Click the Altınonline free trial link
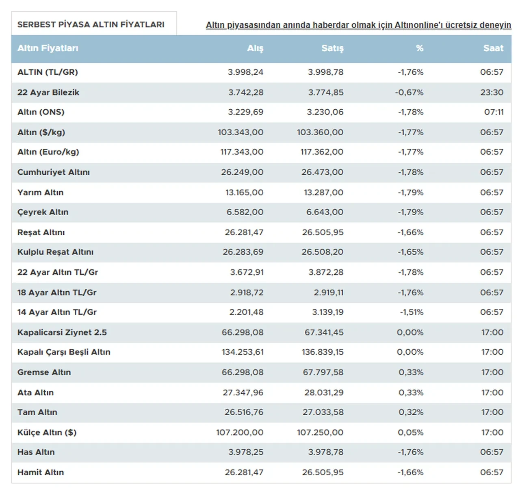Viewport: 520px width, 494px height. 358,25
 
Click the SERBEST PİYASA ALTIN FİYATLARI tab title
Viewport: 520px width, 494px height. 91,24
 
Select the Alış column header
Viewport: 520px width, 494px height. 255,48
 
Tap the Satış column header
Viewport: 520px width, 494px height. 332,48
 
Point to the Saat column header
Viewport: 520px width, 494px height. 493,48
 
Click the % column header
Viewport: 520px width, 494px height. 420,48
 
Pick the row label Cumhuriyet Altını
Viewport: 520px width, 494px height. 54,172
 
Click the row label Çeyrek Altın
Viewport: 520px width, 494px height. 43,212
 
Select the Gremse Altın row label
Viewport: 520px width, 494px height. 44,372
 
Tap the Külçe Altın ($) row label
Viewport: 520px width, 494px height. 47,432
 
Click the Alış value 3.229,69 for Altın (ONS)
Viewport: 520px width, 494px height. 245,112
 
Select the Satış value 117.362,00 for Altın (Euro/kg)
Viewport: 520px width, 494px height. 322,152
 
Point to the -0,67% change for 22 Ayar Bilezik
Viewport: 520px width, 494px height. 409,92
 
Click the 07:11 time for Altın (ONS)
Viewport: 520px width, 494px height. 494,112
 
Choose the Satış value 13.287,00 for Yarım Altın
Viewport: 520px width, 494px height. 323,193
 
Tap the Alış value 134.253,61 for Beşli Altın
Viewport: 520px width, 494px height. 243,352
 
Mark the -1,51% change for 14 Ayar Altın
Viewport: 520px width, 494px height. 412,312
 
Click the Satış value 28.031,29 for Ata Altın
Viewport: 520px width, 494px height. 324,392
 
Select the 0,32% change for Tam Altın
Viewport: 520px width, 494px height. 411,412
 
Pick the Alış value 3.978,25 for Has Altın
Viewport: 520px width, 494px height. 246,452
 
